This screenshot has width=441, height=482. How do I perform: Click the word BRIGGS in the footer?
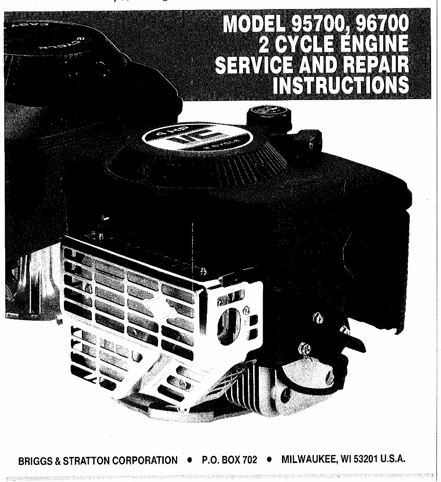[x=35, y=460]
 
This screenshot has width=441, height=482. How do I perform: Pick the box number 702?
[x=248, y=460]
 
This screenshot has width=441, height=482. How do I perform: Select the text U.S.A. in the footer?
[x=393, y=460]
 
